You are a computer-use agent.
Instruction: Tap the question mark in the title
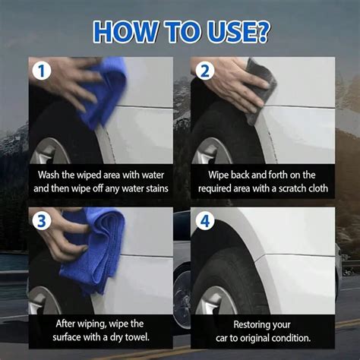[262, 32]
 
